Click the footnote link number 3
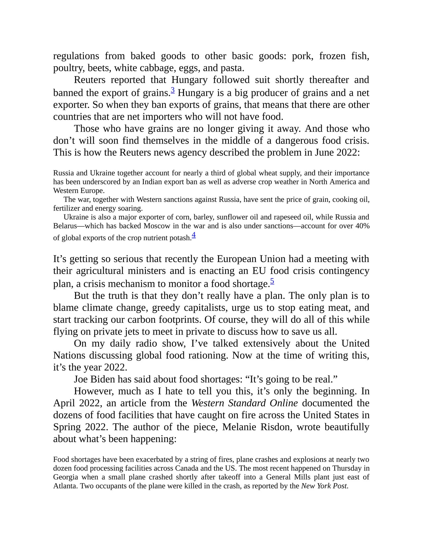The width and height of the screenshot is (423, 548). (173, 90)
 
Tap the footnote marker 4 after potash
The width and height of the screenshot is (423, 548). (194, 235)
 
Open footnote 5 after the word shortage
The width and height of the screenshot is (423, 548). (272, 281)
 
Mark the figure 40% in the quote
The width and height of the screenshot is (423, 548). (363, 226)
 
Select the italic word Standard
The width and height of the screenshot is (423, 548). (247, 403)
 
